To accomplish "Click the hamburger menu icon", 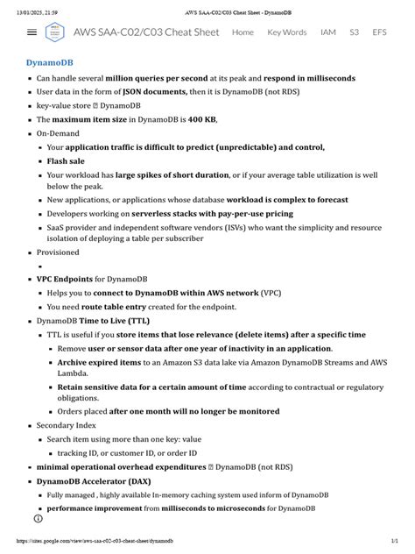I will [32, 32].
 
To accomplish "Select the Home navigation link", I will [243, 32].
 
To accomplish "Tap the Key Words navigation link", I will [286, 32].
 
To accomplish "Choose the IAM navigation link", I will [327, 32].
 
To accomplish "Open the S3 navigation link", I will [354, 32].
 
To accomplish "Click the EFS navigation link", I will [379, 32].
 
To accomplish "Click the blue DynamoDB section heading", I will [49, 64].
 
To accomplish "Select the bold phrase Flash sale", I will [67, 161].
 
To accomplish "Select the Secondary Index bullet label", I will [64, 424].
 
